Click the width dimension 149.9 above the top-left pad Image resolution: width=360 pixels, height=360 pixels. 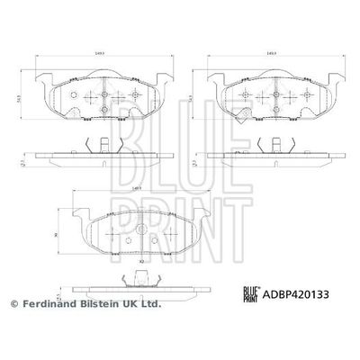click(x=98, y=54)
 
